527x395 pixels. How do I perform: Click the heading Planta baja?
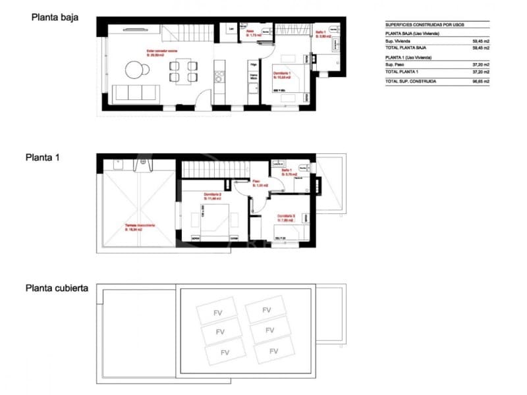(55, 18)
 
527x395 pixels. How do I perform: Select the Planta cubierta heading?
(57, 288)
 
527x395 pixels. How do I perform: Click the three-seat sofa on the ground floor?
(134, 92)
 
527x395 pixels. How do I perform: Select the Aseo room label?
(250, 32)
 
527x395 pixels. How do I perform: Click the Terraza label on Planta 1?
(140, 225)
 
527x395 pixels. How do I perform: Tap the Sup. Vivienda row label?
(401, 41)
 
